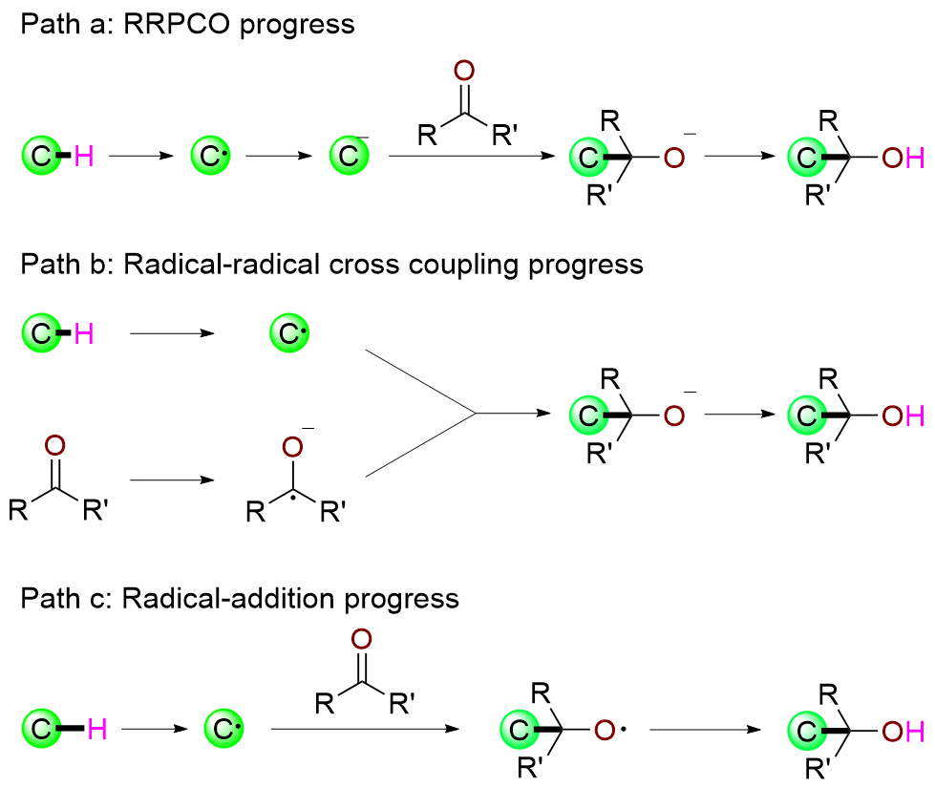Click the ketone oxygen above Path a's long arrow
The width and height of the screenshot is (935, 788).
point(464,70)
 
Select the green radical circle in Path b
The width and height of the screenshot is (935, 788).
point(285,333)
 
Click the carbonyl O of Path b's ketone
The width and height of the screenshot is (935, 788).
point(54,445)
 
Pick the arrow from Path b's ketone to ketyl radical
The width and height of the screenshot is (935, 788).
point(172,480)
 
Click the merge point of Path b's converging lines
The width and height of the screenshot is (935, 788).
point(475,414)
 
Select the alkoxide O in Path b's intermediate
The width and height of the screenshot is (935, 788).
point(674,415)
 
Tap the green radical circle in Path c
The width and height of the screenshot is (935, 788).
point(223,731)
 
